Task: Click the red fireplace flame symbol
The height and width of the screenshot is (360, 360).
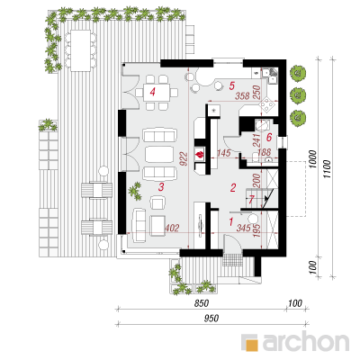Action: pos(199,155)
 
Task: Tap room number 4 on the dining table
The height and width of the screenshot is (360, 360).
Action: pos(153,91)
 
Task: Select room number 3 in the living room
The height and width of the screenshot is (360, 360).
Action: pos(161,187)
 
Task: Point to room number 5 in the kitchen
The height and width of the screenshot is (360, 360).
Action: pos(231,85)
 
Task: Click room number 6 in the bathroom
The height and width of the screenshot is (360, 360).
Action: pos(269,138)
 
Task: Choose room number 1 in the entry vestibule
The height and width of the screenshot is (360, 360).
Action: pos(230,222)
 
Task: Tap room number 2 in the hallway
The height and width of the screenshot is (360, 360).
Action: pos(233,188)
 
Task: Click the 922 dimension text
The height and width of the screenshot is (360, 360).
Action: pos(184,159)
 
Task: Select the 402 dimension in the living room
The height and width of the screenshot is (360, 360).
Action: pos(172,228)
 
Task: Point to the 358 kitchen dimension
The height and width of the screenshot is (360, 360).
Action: pos(243,95)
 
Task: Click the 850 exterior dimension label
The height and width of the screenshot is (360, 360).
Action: pos(202,303)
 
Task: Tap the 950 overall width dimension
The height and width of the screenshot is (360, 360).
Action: pos(211,319)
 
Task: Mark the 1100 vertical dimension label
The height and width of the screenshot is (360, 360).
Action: pos(327,169)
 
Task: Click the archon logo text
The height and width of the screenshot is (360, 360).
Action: pos(306,341)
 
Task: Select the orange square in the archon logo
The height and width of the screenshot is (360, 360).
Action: pos(252,345)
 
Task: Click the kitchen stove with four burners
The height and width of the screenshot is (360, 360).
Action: pos(266,105)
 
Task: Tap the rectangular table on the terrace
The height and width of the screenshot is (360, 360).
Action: pos(80,50)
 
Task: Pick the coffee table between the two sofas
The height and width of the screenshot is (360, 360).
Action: pos(159,155)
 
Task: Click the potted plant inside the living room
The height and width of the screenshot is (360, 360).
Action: pos(135,192)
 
